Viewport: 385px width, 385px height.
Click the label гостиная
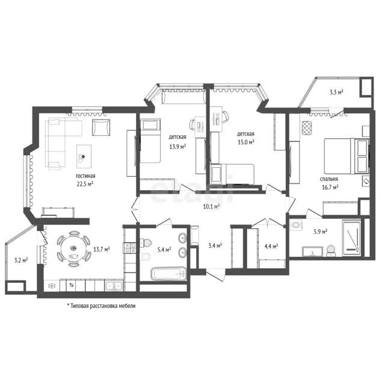click(85, 176)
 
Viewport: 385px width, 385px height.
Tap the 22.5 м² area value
click(85, 184)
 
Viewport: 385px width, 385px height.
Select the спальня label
click(329, 179)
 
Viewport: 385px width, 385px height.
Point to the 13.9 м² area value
click(177, 147)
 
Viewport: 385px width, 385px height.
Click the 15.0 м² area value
click(246, 142)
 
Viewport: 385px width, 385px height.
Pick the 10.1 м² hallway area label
click(211, 206)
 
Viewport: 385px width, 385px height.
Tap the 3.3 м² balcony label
click(336, 92)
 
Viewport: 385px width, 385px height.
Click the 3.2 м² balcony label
click(21, 260)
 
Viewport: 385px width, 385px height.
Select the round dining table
click(73, 248)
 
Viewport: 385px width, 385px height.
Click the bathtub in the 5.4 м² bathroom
click(168, 274)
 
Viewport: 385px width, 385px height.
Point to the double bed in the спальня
click(346, 156)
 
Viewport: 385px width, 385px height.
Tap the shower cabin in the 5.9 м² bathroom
click(351, 238)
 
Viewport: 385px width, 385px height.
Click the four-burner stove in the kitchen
click(130, 248)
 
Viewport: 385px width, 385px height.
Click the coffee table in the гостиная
click(84, 156)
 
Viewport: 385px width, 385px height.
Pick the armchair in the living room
click(101, 127)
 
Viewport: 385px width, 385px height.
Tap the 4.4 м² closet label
click(271, 246)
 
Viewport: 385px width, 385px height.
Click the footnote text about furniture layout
click(101, 306)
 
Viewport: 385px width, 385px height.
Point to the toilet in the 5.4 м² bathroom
click(146, 243)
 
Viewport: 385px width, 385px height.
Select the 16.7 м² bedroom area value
click(330, 187)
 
